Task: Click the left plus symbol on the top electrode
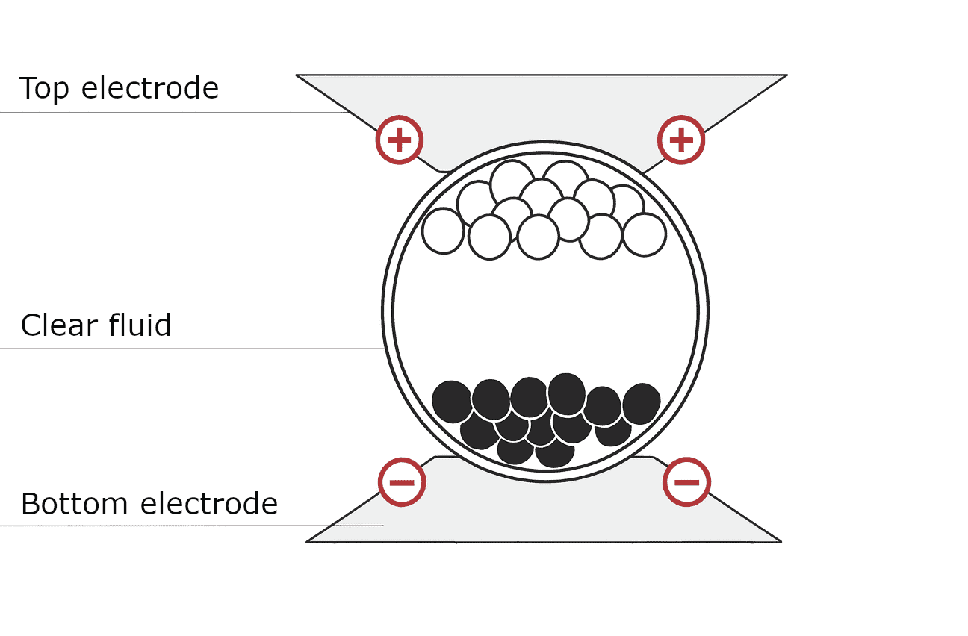pos(400,140)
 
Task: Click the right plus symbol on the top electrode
pos(681,140)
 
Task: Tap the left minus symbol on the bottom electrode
pos(402,482)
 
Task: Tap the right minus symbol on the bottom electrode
pos(686,482)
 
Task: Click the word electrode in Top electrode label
pos(149,88)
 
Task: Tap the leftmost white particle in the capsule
pos(443,231)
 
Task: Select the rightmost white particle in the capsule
pos(644,234)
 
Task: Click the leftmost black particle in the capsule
pos(453,401)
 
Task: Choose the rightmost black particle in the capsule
pos(641,403)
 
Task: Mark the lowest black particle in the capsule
pos(554,452)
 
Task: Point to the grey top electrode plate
pos(542,105)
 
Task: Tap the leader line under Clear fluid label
pos(187,349)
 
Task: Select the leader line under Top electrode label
pos(172,113)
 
